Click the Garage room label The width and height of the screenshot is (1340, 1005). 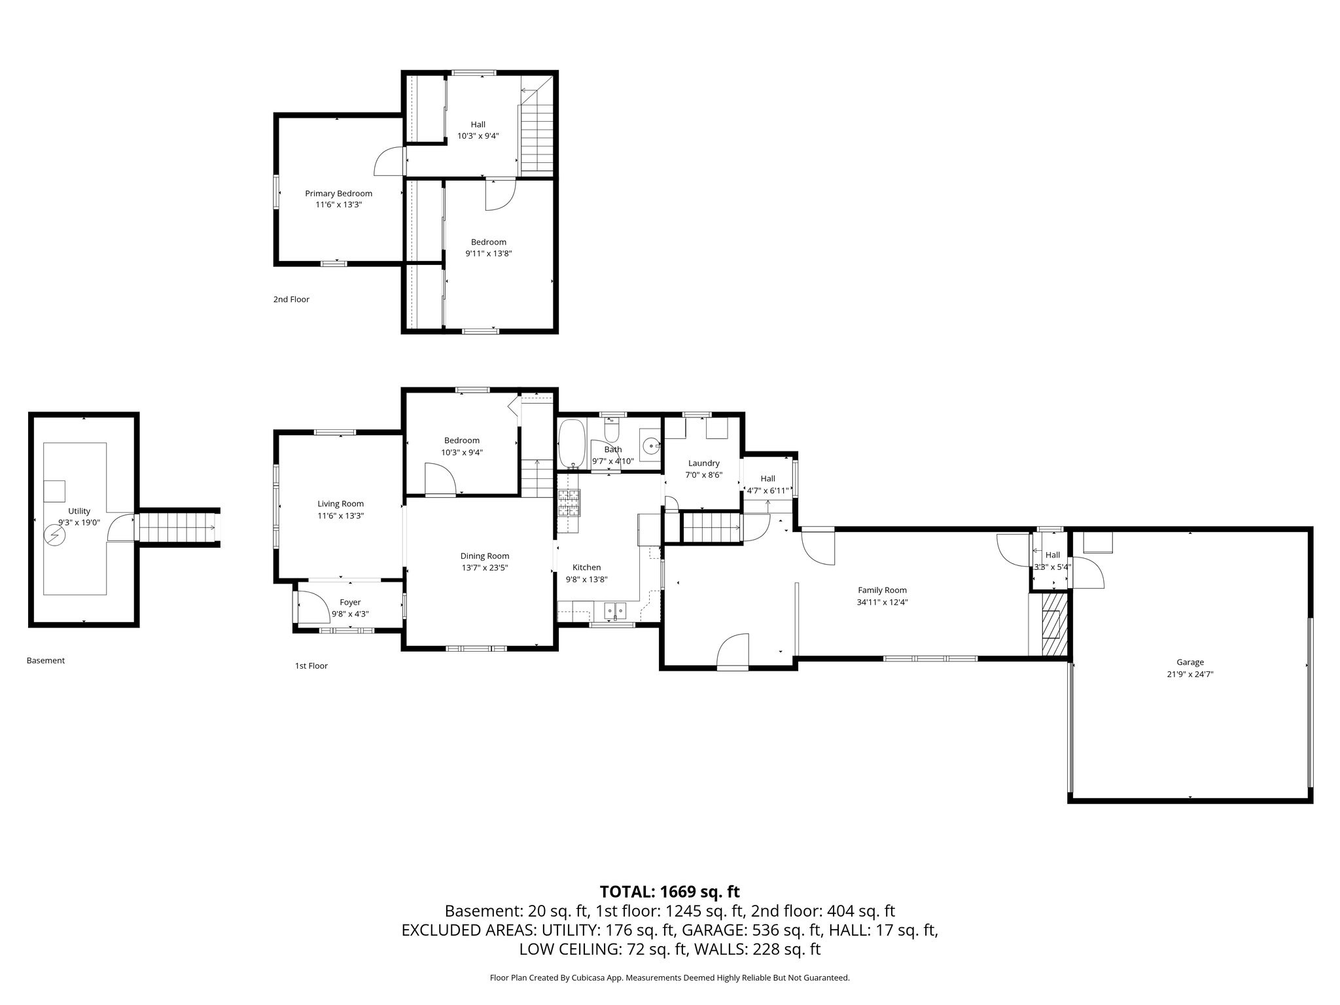click(x=1190, y=662)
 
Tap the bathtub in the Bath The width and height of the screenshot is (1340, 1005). click(x=573, y=442)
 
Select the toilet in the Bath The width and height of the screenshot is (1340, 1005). click(x=612, y=432)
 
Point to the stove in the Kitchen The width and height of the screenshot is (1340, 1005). click(x=569, y=504)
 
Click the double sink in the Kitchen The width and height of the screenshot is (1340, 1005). click(x=615, y=610)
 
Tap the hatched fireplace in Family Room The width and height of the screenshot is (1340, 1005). click(x=1051, y=624)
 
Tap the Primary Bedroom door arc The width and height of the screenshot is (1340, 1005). click(x=389, y=162)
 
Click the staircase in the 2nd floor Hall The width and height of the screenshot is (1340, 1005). click(x=537, y=137)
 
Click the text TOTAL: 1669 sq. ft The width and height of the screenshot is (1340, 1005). click(x=669, y=891)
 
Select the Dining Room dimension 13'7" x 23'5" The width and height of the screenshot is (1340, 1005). click(x=484, y=567)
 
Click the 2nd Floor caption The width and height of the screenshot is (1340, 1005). click(x=291, y=300)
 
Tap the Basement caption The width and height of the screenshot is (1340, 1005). click(x=46, y=661)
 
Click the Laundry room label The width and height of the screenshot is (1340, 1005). click(x=703, y=463)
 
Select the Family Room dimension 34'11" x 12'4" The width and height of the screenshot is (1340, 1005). click(x=882, y=602)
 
